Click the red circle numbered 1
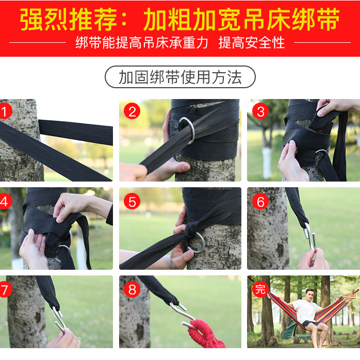(5, 111)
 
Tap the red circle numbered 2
(132, 111)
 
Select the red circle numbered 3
(260, 111)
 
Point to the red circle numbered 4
(5, 201)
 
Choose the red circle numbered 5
(132, 201)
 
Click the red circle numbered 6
(260, 201)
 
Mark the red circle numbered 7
(5, 289)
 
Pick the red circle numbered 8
(132, 289)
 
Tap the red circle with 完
(260, 289)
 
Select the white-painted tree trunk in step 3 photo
(267, 162)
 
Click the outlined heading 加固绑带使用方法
(180, 77)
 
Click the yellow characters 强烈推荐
(68, 19)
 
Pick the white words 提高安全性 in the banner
(252, 42)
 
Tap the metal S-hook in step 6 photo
(310, 237)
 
